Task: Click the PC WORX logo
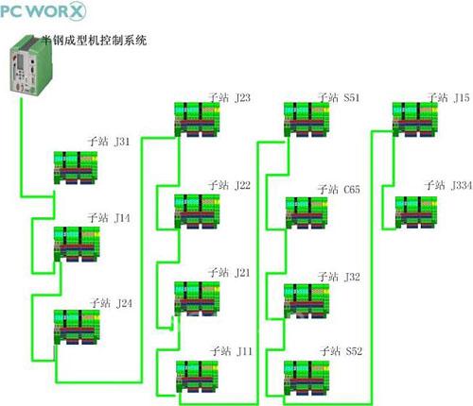click(43, 10)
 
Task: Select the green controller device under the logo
click(30, 64)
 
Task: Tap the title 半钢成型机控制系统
click(95, 40)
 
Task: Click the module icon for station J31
click(76, 168)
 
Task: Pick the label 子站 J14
click(109, 217)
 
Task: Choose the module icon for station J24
click(77, 327)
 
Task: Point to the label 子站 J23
click(229, 97)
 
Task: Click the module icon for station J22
click(197, 211)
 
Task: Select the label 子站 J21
click(229, 272)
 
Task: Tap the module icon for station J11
click(197, 377)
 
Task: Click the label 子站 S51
click(339, 97)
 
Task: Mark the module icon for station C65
click(307, 212)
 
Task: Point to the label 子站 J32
click(339, 277)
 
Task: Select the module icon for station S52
click(307, 378)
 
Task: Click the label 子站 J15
click(448, 97)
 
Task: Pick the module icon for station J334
click(416, 212)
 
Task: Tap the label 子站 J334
click(448, 185)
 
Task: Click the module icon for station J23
click(197, 120)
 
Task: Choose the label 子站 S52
click(341, 351)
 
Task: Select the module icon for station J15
click(415, 120)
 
